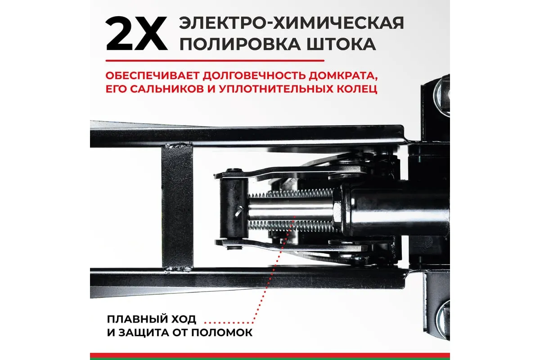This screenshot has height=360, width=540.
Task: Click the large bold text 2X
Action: point(136,33)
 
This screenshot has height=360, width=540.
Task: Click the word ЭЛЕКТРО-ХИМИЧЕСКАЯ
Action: point(291,23)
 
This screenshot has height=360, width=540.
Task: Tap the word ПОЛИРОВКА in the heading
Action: point(240,44)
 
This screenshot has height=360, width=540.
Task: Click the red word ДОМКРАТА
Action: point(343,76)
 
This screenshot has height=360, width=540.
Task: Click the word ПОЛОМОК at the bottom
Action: point(222,333)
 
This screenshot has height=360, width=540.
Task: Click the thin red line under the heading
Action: point(215,61)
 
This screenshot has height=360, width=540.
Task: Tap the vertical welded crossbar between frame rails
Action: point(177,207)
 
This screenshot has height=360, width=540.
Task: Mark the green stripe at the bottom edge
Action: point(270,359)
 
